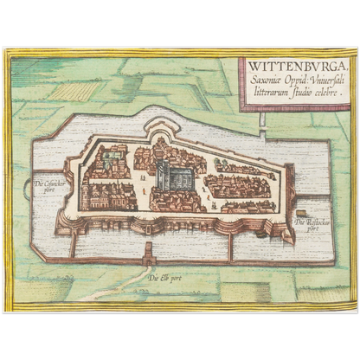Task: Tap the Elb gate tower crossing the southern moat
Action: [150, 254]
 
